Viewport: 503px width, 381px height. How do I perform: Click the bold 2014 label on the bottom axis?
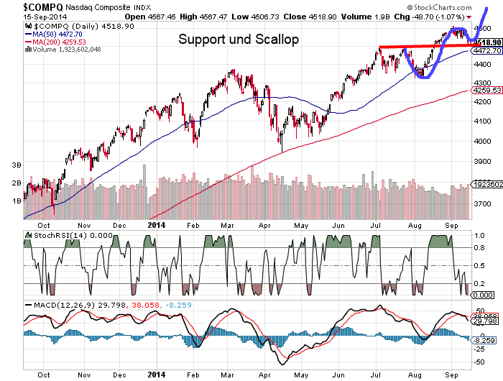click(157, 375)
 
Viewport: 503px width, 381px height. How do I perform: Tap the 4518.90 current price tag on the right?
click(486, 42)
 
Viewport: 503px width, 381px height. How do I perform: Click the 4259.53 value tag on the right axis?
click(486, 90)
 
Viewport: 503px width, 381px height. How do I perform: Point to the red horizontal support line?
click(424, 46)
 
